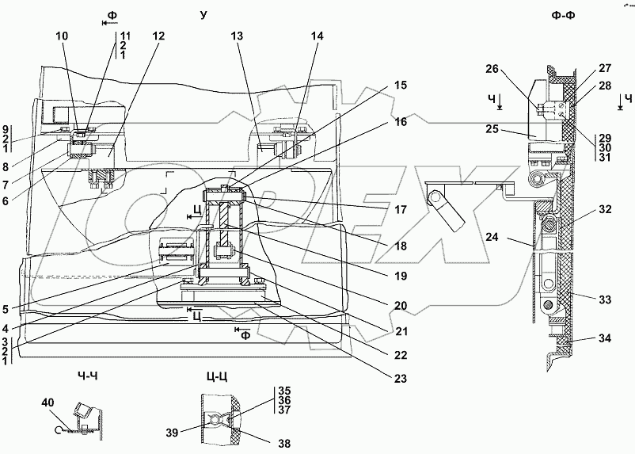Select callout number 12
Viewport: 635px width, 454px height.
pyautogui.click(x=159, y=37)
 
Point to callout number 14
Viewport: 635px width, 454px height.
pyautogui.click(x=317, y=36)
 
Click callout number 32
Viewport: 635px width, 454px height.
pyautogui.click(x=604, y=211)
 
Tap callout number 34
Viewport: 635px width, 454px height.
pyautogui.click(x=604, y=339)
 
